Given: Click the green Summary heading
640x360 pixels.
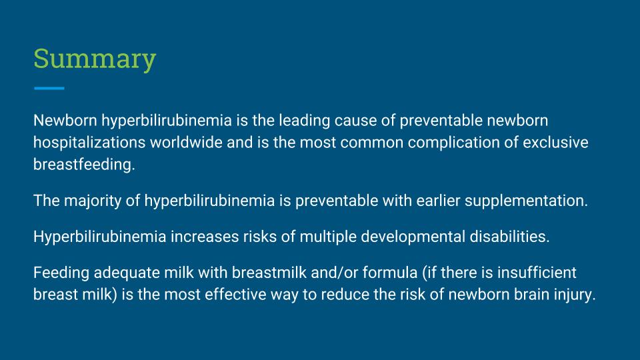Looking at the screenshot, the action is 95,59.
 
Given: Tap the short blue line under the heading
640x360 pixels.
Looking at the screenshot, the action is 49,88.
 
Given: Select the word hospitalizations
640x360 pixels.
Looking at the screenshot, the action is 89,143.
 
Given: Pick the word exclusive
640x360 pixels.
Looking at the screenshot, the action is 555,143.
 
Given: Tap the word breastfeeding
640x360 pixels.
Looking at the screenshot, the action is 84,165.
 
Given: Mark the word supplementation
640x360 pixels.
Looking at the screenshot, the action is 526,201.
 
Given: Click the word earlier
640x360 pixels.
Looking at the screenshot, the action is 439,201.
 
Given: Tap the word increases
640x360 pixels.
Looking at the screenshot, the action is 205,237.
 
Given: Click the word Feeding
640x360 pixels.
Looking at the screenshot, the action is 61,273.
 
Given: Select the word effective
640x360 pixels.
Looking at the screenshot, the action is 235,294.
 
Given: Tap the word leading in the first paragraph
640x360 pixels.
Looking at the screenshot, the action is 305,121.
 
